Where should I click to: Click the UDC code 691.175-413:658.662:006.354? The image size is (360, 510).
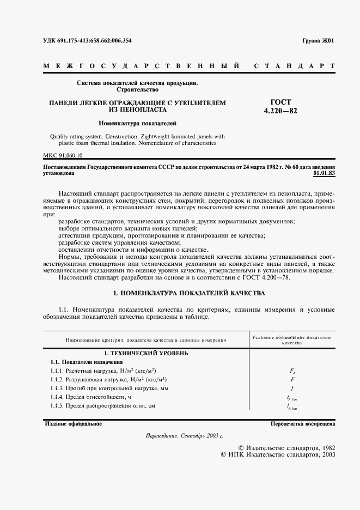[87, 40]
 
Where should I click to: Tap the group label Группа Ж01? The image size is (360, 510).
[319, 41]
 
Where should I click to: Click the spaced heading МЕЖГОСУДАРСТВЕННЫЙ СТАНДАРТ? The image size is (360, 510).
[188, 66]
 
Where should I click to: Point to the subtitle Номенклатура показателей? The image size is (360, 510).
[137, 124]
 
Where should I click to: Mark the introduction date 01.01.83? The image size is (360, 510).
[324, 173]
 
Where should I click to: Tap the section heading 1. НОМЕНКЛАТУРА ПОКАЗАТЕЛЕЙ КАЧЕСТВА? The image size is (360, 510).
[188, 293]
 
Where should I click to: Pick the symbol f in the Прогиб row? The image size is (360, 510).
[292, 388]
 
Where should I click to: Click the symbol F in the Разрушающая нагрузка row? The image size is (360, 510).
[292, 379]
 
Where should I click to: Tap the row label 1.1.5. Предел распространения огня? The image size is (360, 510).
[103, 406]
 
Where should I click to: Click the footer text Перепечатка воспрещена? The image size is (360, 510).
[302, 423]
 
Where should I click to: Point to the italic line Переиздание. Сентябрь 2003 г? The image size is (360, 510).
[185, 436]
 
